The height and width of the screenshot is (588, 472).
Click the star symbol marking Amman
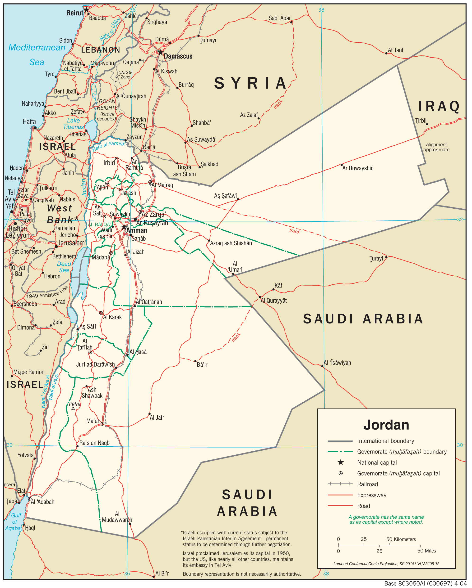(124, 227)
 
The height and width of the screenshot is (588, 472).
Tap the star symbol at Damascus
(161, 52)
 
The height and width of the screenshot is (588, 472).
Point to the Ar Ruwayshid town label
(358, 168)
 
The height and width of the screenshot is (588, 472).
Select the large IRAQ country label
(439, 106)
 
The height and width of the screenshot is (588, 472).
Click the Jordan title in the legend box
(386, 425)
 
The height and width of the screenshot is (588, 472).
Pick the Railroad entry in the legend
(367, 484)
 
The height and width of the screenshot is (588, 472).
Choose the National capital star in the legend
(341, 462)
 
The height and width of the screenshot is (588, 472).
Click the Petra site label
(74, 404)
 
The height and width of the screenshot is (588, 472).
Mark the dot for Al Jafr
(149, 414)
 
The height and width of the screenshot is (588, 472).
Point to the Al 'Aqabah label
(43, 502)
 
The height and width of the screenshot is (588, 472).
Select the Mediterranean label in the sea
(37, 47)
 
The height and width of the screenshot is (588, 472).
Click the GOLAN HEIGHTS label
(107, 104)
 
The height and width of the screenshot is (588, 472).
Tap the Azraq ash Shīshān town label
(231, 243)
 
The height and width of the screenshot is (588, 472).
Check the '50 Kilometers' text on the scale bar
(401, 539)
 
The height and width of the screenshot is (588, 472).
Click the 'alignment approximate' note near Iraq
(436, 147)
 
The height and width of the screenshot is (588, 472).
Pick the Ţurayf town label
(376, 259)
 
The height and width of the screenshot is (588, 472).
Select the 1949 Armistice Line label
(47, 293)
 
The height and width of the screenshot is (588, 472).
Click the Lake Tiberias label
(73, 124)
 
